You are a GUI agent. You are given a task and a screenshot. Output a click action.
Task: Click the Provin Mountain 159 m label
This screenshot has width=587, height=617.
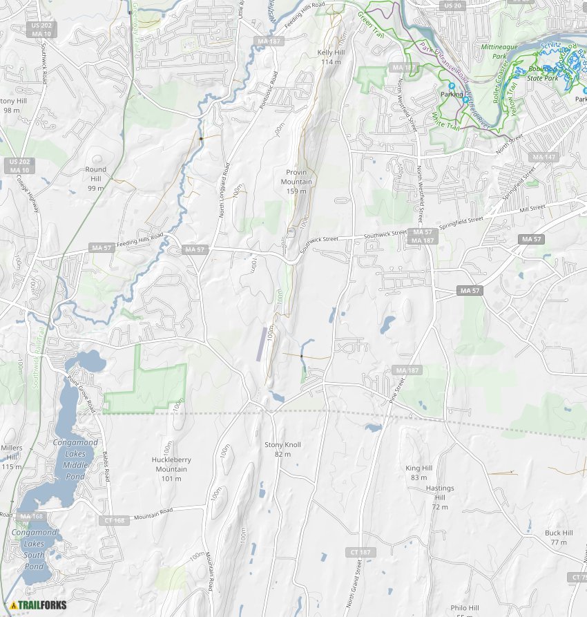[296, 181]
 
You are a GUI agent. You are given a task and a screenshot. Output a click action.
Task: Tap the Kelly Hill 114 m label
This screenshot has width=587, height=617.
[331, 57]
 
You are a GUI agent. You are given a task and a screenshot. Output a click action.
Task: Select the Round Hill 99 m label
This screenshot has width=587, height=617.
[96, 178]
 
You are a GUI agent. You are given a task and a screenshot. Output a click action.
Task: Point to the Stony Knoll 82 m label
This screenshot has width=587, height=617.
[282, 449]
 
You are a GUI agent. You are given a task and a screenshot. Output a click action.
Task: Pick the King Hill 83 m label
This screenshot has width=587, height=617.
[419, 473]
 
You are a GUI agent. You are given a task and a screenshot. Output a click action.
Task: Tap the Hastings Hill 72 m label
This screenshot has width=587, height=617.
[440, 497]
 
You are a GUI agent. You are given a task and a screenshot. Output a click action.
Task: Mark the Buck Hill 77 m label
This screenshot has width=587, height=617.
[559, 538]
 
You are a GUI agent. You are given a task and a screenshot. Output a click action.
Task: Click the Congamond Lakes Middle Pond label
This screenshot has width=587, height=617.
[75, 459]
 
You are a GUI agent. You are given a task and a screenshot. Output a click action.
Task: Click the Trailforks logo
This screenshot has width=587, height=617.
[38, 606]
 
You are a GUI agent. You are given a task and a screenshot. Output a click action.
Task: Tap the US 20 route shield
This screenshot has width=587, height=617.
[453, 6]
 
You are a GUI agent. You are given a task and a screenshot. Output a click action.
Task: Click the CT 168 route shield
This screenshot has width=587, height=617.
[115, 520]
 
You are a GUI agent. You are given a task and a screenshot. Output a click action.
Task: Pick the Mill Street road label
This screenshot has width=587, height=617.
[532, 207]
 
